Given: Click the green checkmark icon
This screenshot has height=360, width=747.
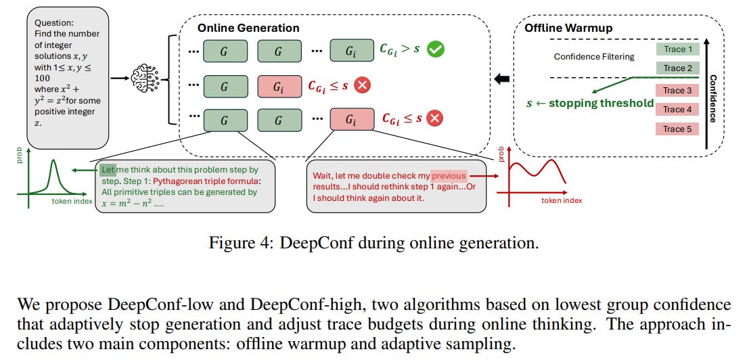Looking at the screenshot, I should pyautogui.click(x=436, y=49).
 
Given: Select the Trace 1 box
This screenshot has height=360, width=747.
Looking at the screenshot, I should pyautogui.click(x=677, y=49).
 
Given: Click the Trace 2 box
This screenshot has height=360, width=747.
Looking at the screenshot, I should pyautogui.click(x=677, y=68).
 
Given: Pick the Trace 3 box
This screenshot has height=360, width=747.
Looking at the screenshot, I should pyautogui.click(x=677, y=91).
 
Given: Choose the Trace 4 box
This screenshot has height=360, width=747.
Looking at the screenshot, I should pyautogui.click(x=677, y=110).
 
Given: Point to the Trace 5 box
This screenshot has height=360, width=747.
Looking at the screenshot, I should pyautogui.click(x=677, y=129).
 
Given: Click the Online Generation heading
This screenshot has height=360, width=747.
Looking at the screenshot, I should pyautogui.click(x=248, y=28).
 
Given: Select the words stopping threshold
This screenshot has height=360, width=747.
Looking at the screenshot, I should pyautogui.click(x=601, y=104).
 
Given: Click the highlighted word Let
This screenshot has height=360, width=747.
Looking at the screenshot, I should pyautogui.click(x=108, y=169).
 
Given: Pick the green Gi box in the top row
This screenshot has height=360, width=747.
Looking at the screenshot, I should pyautogui.click(x=350, y=51).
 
